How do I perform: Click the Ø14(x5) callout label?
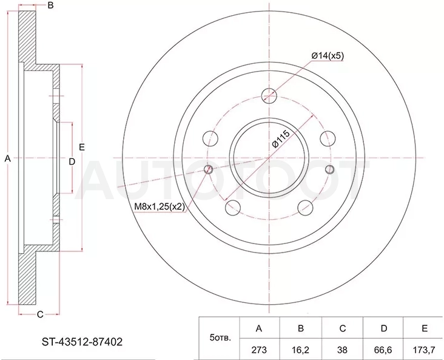328,56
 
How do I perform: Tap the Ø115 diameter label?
281,138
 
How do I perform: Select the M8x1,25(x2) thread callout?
160,207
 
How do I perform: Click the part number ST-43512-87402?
82,342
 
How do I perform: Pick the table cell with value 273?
259,350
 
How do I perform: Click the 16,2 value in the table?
301,350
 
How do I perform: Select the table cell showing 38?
342,350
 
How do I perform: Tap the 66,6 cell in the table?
384,350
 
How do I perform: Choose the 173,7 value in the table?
424,350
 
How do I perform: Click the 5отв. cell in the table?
220,338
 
